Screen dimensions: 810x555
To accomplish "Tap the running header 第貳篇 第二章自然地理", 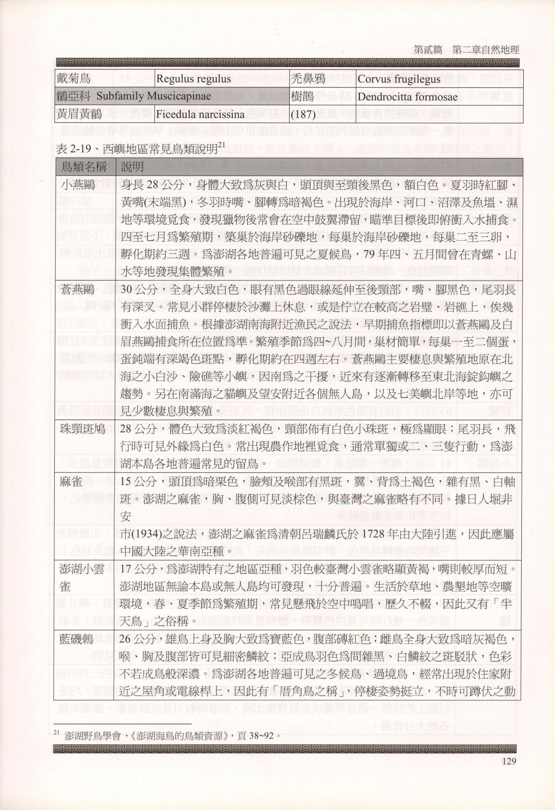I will pos(466,50).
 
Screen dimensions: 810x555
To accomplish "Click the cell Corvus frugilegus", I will pos(399,79).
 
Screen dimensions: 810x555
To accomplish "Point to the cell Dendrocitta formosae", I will pos(407,96).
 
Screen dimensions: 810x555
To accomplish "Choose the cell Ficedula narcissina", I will pos(200,114).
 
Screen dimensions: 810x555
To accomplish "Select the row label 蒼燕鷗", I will pos(78,290).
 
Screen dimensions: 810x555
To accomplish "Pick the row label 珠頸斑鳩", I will pos(83,429).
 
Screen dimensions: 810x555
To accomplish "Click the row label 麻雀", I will pos(71,481).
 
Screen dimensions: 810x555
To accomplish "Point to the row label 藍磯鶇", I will pos(76,640).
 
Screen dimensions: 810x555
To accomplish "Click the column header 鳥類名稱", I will pos(84,167).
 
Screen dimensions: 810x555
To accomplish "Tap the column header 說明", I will pos(132,167).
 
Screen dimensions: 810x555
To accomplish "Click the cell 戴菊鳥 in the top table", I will pos(73,79).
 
